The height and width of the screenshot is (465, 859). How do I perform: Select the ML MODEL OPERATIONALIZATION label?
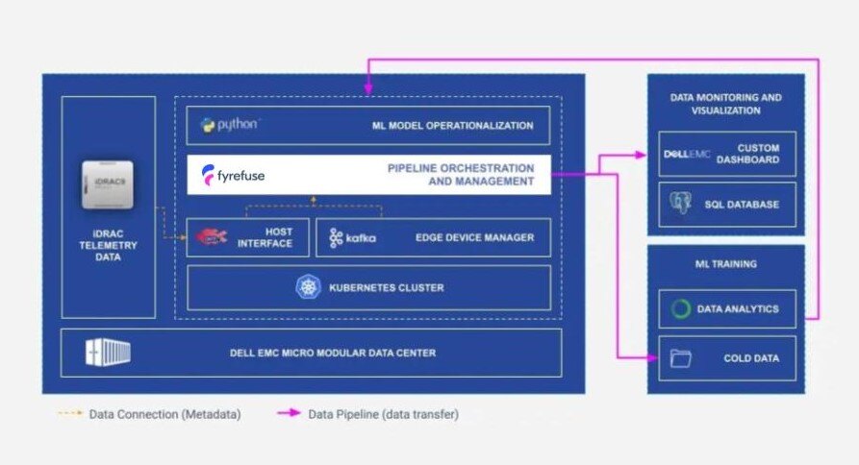tap(452, 126)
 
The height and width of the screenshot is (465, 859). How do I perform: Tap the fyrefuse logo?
tap(233, 175)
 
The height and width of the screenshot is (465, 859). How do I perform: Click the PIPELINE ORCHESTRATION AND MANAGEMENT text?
tap(460, 175)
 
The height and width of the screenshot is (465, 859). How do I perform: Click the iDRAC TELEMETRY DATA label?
tap(108, 245)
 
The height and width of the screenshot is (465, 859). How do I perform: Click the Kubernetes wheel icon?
tap(308, 287)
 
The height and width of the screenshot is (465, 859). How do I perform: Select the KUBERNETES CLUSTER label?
tap(386, 287)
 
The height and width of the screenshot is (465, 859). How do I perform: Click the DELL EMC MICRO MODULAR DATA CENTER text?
tap(332, 353)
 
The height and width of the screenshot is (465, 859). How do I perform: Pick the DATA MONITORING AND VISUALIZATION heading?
tap(725, 104)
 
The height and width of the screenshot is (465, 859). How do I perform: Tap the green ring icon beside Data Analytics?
tap(681, 309)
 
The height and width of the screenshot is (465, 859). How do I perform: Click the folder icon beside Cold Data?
tap(681, 359)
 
